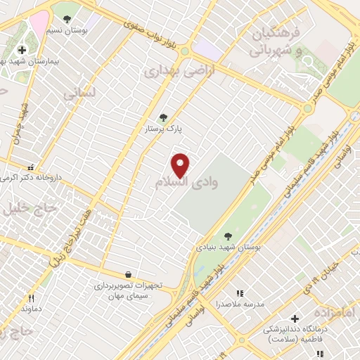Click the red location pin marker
(x=181, y=165)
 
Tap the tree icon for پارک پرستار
(x=164, y=117)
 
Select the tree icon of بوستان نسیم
(x=67, y=20)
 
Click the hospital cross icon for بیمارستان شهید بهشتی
(x=22, y=50)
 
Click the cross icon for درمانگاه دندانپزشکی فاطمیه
(x=295, y=319)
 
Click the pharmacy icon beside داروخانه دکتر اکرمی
(x=30, y=168)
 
